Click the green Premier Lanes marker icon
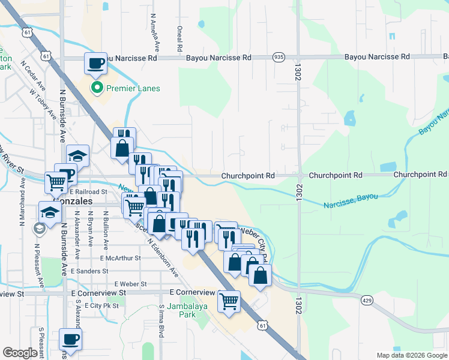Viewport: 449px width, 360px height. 96,88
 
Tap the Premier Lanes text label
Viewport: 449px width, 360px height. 133,89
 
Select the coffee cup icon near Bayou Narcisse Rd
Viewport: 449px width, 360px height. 95,63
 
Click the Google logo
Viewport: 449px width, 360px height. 20,353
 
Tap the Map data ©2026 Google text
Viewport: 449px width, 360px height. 411,355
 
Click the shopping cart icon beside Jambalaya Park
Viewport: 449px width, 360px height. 229,302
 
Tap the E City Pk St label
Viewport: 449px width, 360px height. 103,305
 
